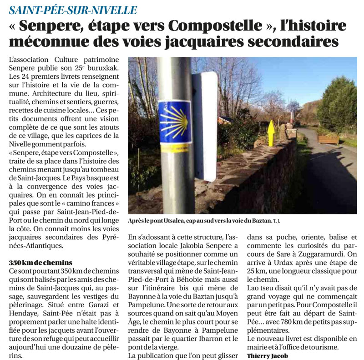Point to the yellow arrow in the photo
point(271,132)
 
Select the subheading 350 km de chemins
point(40,263)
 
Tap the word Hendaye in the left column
point(22,314)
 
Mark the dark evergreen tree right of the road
point(337,105)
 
